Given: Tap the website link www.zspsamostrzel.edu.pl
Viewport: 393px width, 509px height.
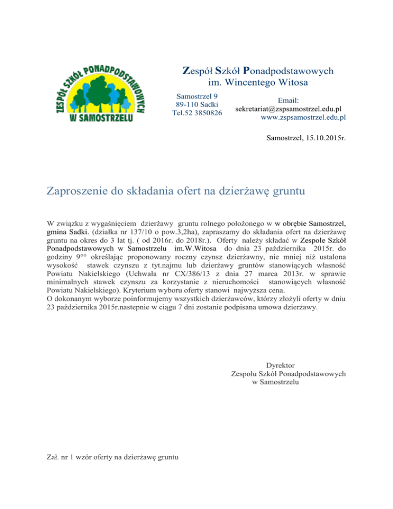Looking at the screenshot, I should point(303,117).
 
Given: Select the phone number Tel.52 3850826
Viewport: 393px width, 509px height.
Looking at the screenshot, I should point(197,113).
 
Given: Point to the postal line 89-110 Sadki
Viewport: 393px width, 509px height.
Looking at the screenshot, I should point(197,104).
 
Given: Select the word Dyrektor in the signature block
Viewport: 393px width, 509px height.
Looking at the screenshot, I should point(280,366).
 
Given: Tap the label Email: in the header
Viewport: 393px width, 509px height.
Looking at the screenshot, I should point(290,101).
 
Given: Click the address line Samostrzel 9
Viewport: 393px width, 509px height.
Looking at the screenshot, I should point(197,96).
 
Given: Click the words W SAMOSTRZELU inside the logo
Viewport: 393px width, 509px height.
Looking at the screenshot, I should point(100,118).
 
